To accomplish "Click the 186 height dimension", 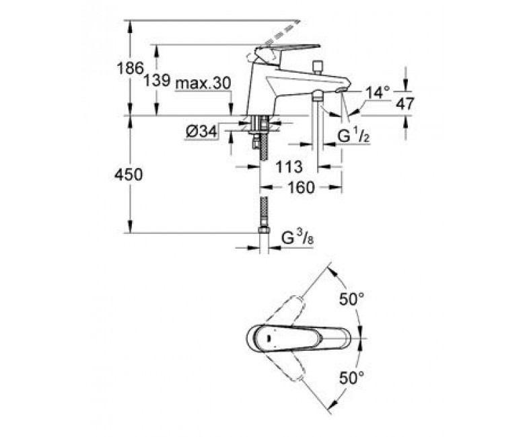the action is [131, 69].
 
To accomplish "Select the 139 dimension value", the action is [157, 80].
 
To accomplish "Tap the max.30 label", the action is [203, 83].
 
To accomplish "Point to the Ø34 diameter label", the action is [201, 132].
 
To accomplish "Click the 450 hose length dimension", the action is [129, 175].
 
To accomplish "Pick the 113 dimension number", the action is [289, 167].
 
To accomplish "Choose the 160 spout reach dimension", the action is [301, 188].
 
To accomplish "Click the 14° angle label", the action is [378, 93].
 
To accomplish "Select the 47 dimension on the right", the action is [405, 104].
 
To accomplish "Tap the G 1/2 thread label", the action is [353, 136].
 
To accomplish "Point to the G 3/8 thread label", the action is [297, 238].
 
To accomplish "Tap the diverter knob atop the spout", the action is [316, 67].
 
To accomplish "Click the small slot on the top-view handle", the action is [269, 338].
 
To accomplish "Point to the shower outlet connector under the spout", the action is [317, 96].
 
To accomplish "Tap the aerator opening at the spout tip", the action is [341, 89].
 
